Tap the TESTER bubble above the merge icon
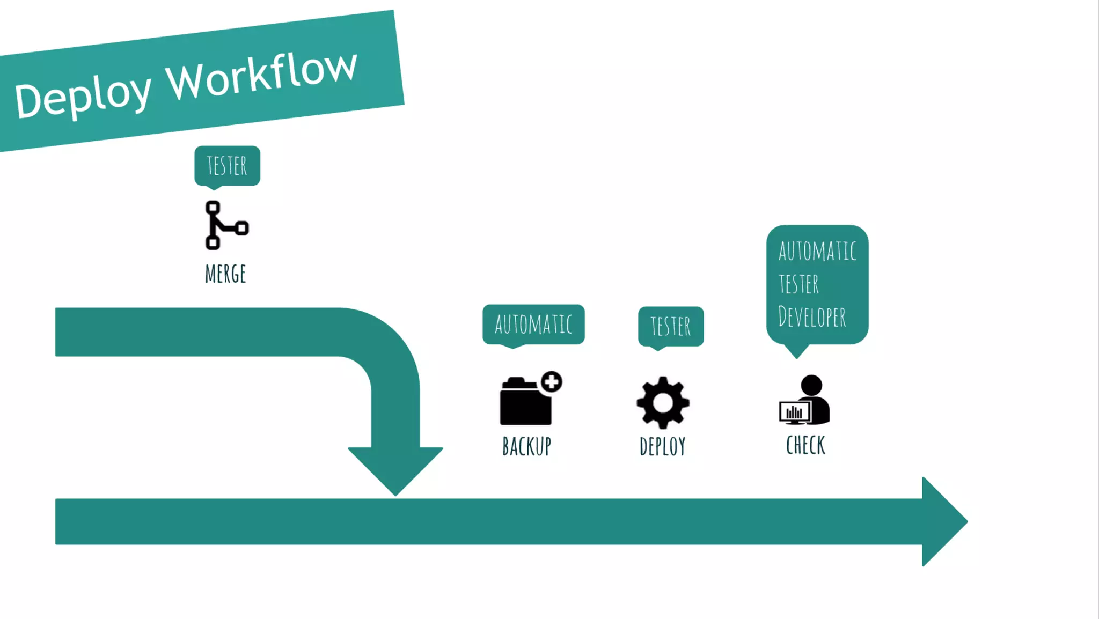point(227,166)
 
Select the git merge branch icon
point(225,225)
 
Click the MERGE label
point(225,274)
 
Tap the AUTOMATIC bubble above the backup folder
point(533,325)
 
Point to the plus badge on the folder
point(551,382)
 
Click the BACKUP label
point(526,446)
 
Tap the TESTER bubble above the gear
point(671,326)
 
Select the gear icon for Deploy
point(663,402)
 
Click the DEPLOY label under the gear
point(663,446)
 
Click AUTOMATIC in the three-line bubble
point(817,251)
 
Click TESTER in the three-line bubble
point(799,284)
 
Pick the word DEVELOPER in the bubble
point(812,317)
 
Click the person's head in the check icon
point(811,385)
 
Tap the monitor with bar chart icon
point(794,412)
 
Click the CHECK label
point(805,445)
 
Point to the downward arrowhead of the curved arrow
point(395,469)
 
